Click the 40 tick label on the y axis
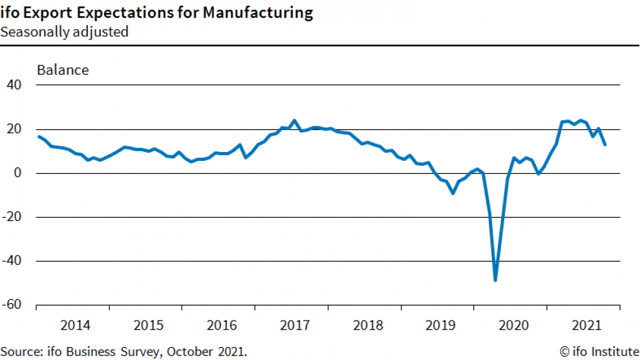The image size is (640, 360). [x=14, y=85]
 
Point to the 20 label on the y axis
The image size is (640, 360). [x=14, y=129]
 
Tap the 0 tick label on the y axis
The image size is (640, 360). [x=19, y=173]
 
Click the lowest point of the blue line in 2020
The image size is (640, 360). [x=495, y=280]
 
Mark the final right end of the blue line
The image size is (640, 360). [x=605, y=145]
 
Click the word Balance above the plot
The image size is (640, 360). [x=63, y=70]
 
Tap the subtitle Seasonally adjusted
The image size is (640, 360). [x=64, y=32]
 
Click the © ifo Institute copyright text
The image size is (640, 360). [x=598, y=352]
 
